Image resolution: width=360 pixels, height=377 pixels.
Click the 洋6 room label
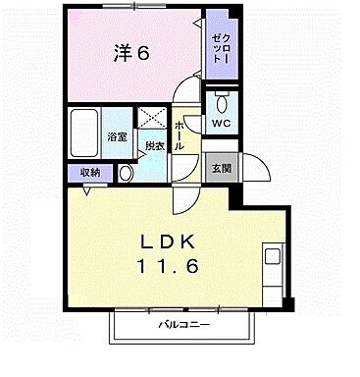point(131,52)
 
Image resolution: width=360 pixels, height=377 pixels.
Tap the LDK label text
point(167,242)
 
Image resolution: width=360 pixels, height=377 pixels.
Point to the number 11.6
point(168,266)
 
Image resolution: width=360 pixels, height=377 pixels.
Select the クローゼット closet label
point(221,48)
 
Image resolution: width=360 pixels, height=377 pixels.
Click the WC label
point(221,124)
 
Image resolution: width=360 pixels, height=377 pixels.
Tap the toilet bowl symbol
point(223,101)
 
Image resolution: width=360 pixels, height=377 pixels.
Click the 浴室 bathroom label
point(117,136)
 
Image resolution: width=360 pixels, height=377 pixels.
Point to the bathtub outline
point(84,133)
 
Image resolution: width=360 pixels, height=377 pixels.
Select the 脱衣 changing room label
point(155,146)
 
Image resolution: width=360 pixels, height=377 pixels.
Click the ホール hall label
point(179,135)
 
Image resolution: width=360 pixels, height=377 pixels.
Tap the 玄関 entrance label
point(222,168)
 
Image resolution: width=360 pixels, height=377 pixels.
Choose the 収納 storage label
point(90,173)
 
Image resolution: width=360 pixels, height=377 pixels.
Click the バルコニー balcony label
point(184,325)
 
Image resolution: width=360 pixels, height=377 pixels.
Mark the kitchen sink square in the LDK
point(273,256)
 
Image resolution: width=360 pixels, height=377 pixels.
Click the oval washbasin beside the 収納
point(126,174)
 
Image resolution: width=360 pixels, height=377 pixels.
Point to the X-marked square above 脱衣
point(152,117)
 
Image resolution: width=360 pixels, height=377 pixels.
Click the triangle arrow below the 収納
point(87,190)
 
